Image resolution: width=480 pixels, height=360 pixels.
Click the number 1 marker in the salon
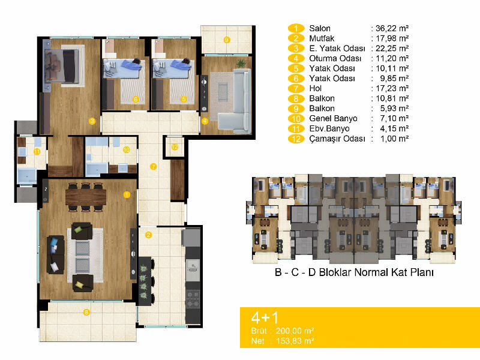(x=127, y=194)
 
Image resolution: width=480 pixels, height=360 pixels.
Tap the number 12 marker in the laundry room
(x=175, y=147)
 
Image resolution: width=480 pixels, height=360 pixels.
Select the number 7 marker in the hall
(x=153, y=167)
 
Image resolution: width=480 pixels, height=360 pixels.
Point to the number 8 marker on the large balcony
(x=86, y=312)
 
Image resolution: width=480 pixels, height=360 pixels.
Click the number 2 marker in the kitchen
(x=148, y=235)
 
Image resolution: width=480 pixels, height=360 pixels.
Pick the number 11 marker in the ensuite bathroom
(x=37, y=152)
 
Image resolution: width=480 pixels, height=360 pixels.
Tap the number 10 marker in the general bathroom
(x=126, y=149)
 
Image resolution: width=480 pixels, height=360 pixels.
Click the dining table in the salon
(x=86, y=197)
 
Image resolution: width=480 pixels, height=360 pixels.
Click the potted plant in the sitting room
(x=241, y=63)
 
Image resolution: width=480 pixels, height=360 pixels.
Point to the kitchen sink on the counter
(x=193, y=270)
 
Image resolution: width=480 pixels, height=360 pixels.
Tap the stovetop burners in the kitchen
(x=193, y=299)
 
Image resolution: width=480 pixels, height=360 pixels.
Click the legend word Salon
(x=320, y=28)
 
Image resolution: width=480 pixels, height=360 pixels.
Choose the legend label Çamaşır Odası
(x=337, y=139)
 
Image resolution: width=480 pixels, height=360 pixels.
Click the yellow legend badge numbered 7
(x=296, y=88)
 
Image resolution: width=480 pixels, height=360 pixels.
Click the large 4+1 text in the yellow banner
(x=265, y=317)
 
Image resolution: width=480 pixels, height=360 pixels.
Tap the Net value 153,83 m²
(x=295, y=341)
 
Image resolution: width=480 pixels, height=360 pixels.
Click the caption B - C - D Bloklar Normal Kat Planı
(x=354, y=272)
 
